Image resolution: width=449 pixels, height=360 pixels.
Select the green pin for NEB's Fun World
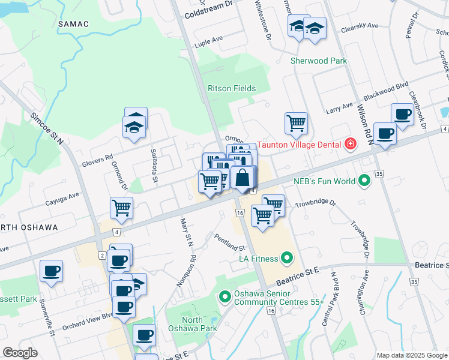tap(364, 180)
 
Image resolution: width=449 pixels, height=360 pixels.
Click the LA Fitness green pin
tap(286, 259)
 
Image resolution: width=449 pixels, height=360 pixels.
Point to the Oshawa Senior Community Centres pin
tap(225, 296)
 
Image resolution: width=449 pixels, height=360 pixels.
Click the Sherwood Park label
tap(319, 61)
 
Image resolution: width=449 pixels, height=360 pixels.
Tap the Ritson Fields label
tap(232, 88)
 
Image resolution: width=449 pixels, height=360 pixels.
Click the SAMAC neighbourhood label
tap(74, 24)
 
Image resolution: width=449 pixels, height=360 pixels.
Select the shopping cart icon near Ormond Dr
tap(122, 208)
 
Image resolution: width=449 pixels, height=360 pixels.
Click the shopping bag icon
tap(242, 178)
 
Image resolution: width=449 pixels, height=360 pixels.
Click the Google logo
tap(20, 353)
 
